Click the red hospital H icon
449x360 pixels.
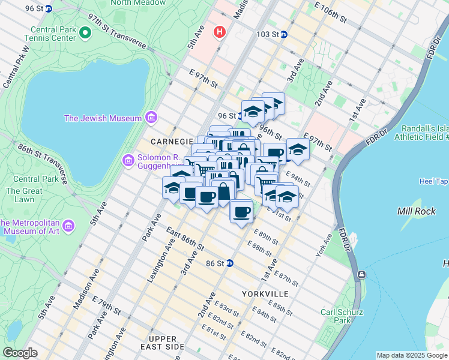221,32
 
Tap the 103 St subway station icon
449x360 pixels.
284,34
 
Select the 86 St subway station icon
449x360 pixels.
229,263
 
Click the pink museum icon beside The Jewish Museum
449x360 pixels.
151,118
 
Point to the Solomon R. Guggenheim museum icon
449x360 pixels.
128,160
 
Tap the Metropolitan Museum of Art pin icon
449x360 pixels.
68,226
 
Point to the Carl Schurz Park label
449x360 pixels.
343,316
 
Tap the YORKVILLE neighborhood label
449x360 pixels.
265,294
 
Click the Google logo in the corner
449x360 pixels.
20,353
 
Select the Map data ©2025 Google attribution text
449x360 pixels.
411,355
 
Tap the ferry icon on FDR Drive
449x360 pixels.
361,274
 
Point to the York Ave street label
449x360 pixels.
324,245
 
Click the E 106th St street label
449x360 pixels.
327,13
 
